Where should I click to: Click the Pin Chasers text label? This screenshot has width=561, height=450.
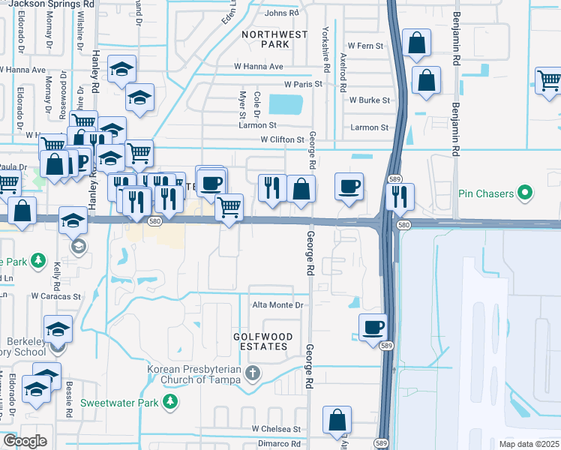(x=485, y=193)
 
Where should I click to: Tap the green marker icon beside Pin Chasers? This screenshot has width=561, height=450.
(x=525, y=193)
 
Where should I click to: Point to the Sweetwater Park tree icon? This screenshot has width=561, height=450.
(x=171, y=402)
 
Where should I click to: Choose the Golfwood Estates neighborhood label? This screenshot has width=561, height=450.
(x=260, y=342)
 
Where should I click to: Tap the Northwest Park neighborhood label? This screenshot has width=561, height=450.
(x=274, y=39)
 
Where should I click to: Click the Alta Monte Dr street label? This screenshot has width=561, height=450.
(x=277, y=305)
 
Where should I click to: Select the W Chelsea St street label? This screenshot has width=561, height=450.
(x=276, y=429)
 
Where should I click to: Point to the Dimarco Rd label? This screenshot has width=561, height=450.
(x=280, y=443)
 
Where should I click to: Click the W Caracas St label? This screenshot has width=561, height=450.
(x=55, y=296)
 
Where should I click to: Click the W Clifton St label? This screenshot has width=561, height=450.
(x=282, y=139)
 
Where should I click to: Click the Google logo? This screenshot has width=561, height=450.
(x=25, y=441)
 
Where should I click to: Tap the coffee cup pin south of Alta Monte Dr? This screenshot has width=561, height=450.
(x=373, y=327)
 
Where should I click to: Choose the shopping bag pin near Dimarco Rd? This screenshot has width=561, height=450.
(x=337, y=420)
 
